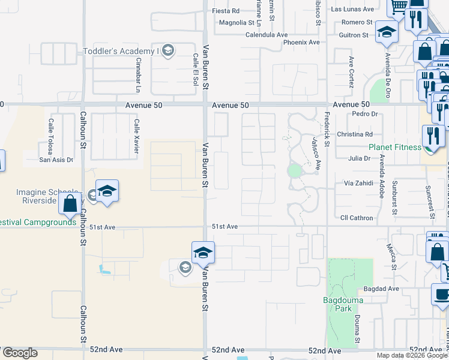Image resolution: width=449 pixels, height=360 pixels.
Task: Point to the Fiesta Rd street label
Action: pos(226,11)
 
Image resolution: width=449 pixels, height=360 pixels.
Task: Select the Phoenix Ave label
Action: pos(302,43)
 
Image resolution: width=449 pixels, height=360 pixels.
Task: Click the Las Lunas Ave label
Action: pos(352,10)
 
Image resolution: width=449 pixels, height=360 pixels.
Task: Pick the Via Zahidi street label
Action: pos(358,183)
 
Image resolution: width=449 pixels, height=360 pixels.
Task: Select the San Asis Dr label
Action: pos(56,160)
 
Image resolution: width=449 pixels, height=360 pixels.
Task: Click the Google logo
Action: pos(20,353)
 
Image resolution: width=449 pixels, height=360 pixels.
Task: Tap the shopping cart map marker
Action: pos(399,7)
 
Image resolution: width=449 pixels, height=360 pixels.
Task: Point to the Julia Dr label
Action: pos(359,158)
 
